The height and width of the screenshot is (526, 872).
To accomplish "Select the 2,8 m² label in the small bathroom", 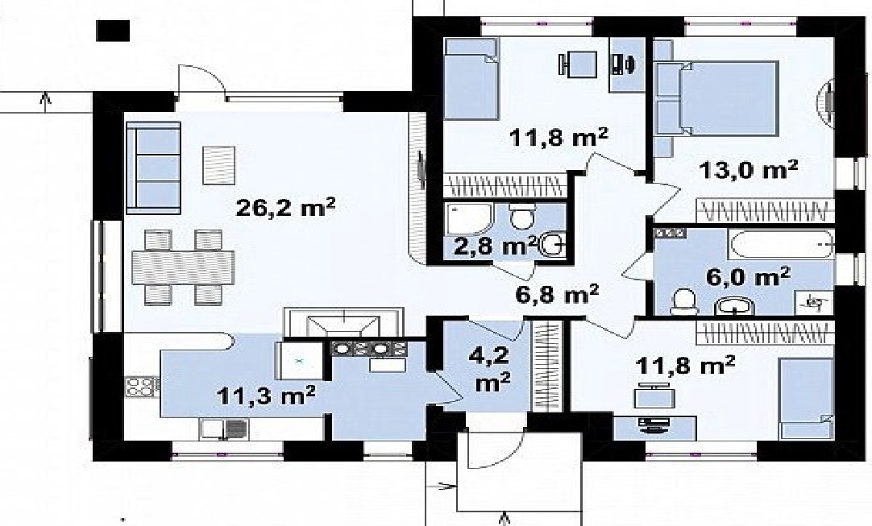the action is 495,245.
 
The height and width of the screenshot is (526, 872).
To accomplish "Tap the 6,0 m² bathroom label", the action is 748,275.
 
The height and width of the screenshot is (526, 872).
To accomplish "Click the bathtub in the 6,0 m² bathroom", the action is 781,244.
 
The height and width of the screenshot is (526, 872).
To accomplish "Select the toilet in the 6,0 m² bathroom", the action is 683,302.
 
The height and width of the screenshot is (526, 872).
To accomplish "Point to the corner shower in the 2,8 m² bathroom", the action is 469,218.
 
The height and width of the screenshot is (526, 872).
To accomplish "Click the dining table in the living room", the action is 183,267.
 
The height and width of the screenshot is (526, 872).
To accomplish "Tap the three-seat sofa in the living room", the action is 153,168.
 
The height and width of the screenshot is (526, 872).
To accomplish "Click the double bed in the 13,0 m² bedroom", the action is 716,97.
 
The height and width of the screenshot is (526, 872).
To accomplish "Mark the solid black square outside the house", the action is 113,31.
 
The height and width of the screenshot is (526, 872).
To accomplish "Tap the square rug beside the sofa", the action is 218,164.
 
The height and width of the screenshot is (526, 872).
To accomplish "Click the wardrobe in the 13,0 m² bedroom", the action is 766,211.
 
